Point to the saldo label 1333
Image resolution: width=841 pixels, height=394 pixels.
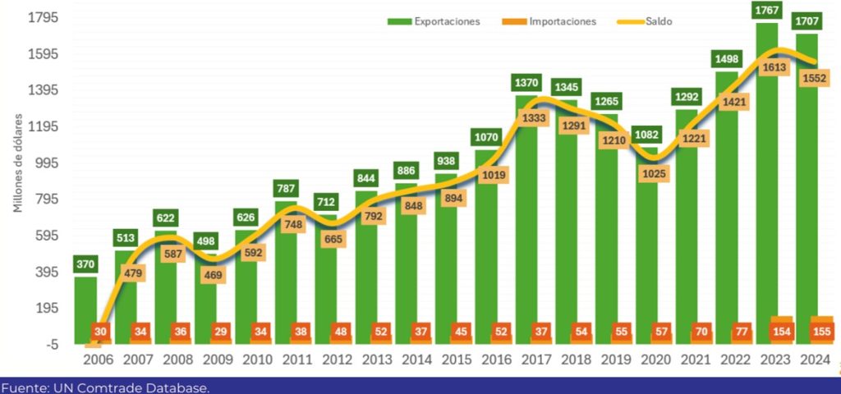(533, 118)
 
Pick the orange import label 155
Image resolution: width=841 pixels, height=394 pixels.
(820, 332)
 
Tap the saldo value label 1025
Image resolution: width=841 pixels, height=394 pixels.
(654, 173)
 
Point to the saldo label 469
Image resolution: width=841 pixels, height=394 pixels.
(212, 275)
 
